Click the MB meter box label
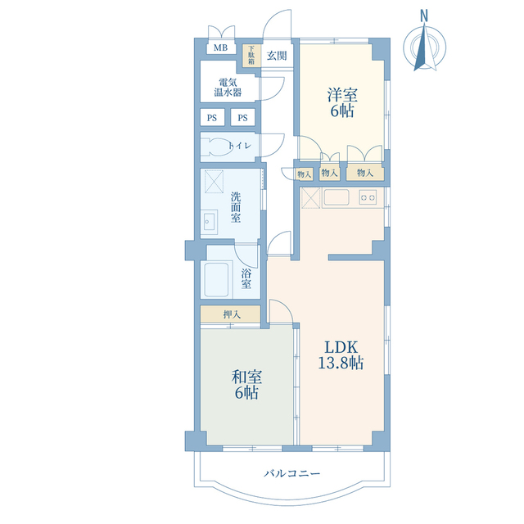pyautogui.click(x=220, y=47)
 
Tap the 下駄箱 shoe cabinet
pyautogui.click(x=251, y=55)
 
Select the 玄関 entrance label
pyautogui.click(x=277, y=56)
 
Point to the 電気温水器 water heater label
pyautogui.click(x=228, y=88)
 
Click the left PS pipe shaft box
pyautogui.click(x=212, y=117)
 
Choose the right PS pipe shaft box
pyautogui.click(x=243, y=117)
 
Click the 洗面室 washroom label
pyautogui.click(x=236, y=207)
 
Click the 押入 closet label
pyautogui.click(x=232, y=314)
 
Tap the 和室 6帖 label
pyautogui.click(x=246, y=385)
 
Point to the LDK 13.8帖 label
pyautogui.click(x=341, y=355)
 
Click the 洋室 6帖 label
pyautogui.click(x=342, y=103)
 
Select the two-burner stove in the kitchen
pyautogui.click(x=368, y=197)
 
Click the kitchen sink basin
pyautogui.click(x=337, y=197)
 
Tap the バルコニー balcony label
pyautogui.click(x=292, y=473)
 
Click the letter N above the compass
pyautogui.click(x=424, y=16)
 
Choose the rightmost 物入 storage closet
pyautogui.click(x=365, y=173)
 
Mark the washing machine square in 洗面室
pyautogui.click(x=214, y=182)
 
